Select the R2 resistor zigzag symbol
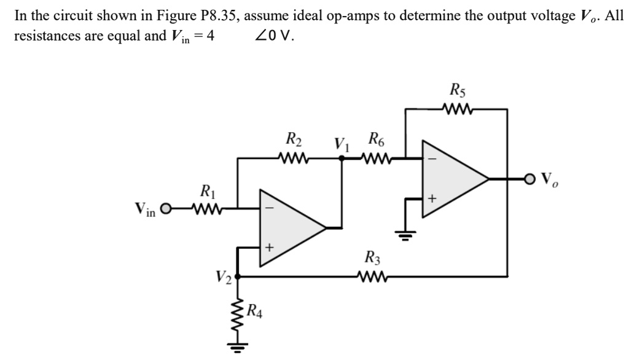(294, 158)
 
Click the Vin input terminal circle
(165, 209)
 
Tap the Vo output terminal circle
(531, 179)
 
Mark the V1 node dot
(342, 158)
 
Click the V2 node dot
(238, 276)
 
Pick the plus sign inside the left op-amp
(268, 248)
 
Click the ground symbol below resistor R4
(238, 347)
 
